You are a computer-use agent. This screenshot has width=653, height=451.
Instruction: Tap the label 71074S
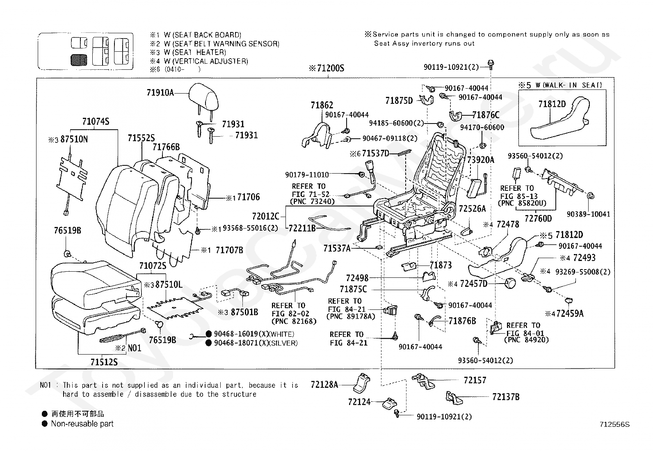point(96,121)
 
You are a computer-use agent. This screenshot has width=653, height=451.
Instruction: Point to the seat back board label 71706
point(249,197)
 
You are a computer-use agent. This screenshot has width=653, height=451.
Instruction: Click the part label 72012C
point(265,216)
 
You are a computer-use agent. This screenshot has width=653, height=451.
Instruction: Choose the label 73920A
point(481,160)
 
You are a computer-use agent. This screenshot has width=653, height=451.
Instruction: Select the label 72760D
point(538,219)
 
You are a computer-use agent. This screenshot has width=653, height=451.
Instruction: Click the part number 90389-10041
point(588,214)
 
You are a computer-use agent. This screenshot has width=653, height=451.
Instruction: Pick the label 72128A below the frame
point(324,385)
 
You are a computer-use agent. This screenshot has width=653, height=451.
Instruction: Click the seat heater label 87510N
point(74,140)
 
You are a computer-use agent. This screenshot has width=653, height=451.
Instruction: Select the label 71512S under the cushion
point(104,362)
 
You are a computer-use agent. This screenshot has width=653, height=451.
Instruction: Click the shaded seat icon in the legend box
point(79,60)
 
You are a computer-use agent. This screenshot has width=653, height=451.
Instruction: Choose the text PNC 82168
point(294,321)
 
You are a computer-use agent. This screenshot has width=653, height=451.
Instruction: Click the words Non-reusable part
point(82,424)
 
